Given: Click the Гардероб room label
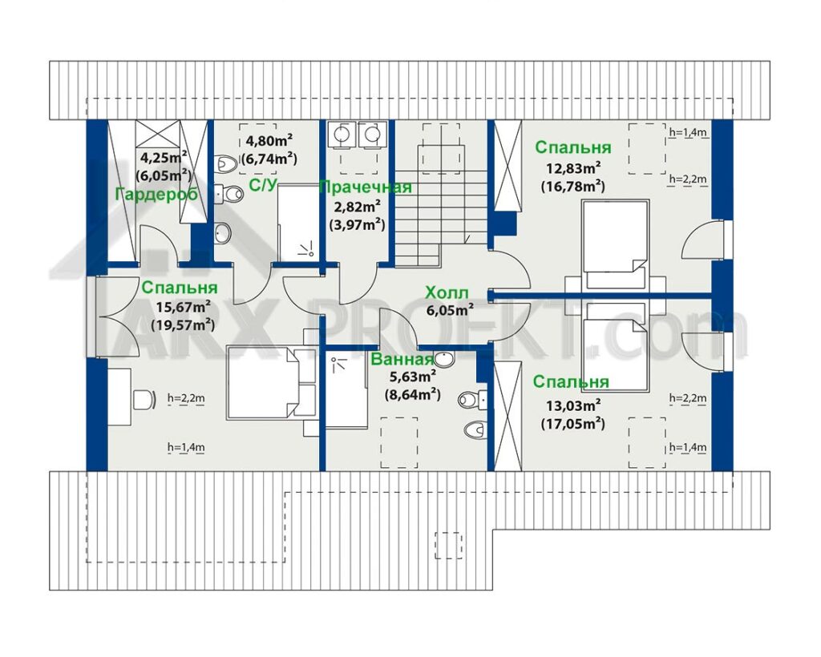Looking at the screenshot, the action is point(156,194).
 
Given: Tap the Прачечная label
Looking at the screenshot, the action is point(366,187).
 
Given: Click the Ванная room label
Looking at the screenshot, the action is point(402,360).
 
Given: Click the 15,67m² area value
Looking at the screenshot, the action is point(184,306).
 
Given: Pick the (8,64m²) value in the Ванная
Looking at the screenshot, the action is point(412,394).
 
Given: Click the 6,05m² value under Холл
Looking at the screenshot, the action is point(450,309).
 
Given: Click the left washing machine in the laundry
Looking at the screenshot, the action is point(342,135).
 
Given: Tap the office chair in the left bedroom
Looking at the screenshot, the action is point(144,400).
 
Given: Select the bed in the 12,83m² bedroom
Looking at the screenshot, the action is point(617,244).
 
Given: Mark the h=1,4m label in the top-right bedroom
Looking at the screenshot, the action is point(688,132).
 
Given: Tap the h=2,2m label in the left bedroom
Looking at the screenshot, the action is point(186,398).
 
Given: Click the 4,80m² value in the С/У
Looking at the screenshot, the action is point(269,141).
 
